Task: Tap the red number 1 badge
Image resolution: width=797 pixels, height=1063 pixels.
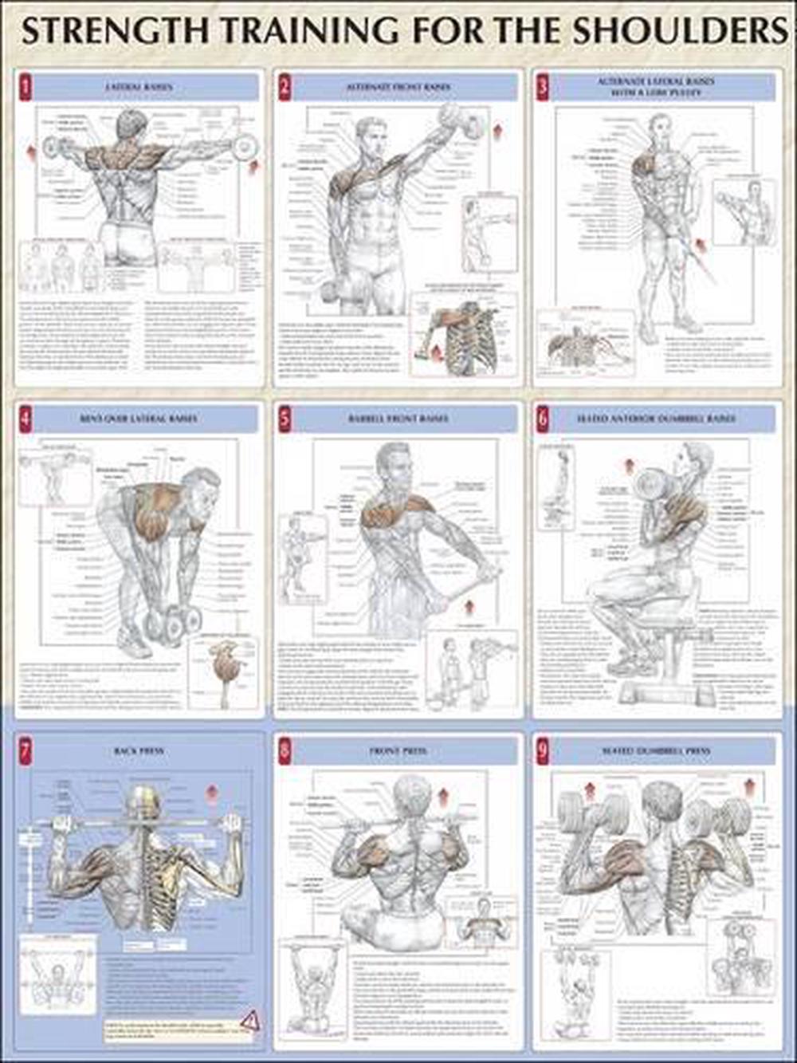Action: (x=26, y=86)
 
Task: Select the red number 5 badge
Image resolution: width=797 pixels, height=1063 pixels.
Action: (x=285, y=417)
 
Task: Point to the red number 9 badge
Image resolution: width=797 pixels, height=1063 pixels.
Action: (x=543, y=750)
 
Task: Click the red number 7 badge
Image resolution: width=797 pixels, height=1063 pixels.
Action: (x=26, y=750)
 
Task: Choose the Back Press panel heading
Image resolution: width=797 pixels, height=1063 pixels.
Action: (x=139, y=751)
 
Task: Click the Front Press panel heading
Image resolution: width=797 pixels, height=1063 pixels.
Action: (x=397, y=751)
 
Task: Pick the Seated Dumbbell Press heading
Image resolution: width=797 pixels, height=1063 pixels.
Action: (x=656, y=751)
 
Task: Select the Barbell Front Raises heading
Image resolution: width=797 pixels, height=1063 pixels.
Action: (x=397, y=419)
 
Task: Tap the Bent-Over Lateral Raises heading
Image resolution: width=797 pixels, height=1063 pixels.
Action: (x=139, y=419)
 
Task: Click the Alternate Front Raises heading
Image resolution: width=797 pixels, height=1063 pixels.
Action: (x=397, y=87)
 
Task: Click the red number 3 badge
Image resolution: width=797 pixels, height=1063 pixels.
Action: (x=543, y=86)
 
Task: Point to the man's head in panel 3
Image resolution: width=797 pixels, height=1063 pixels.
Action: (x=660, y=128)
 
